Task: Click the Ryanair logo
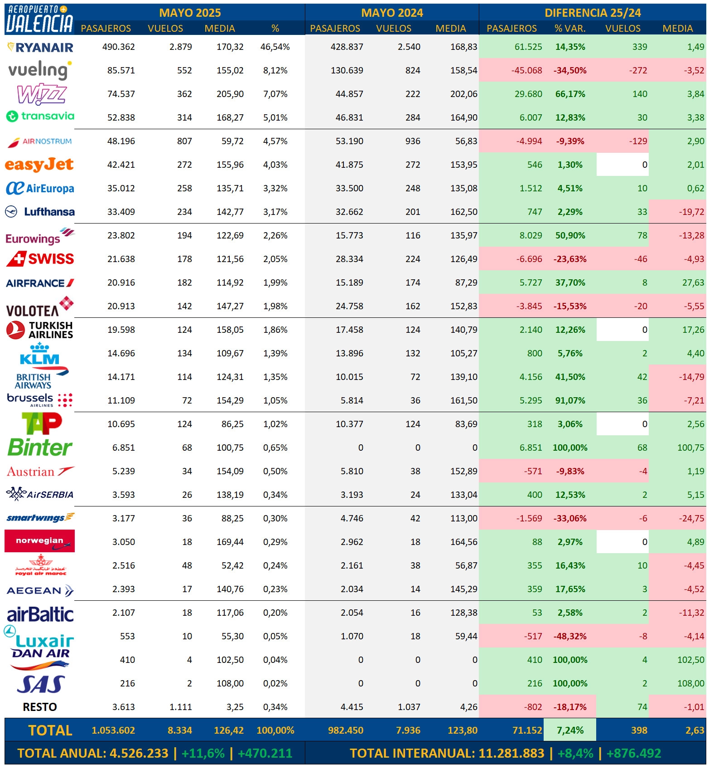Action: [40, 47]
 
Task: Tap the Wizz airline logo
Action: [42, 94]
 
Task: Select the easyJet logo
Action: [39, 165]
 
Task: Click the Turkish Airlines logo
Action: [40, 330]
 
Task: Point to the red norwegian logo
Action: [39, 541]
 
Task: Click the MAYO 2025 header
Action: [190, 13]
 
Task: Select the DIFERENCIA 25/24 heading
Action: [593, 13]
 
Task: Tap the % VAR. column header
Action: [570, 29]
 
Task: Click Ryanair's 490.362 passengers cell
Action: [119, 47]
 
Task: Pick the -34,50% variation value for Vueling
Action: [570, 70]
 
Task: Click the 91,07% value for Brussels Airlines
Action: [570, 400]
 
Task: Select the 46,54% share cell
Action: [275, 47]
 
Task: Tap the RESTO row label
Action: [40, 707]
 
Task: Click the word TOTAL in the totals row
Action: [50, 730]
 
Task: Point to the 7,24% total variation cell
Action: [570, 730]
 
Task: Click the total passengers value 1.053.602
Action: [113, 730]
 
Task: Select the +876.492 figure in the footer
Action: [634, 753]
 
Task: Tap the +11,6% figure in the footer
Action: [203, 753]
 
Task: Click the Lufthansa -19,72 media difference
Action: [691, 212]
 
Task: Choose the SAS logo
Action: [41, 684]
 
